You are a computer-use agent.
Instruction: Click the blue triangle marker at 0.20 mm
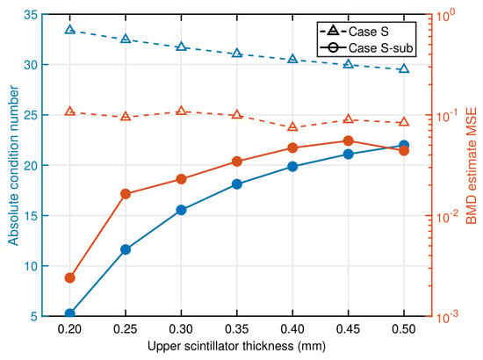(70, 30)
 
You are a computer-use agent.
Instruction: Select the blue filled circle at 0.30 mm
(182, 210)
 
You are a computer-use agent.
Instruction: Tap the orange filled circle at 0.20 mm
(70, 277)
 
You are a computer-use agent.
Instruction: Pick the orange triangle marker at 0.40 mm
(292, 126)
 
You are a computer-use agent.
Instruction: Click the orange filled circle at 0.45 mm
(349, 140)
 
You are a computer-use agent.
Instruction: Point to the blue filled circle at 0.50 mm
(404, 145)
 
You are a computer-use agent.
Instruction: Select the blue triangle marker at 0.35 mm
(237, 53)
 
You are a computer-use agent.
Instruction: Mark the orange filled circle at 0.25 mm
(126, 194)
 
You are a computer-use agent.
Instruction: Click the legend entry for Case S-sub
(366, 47)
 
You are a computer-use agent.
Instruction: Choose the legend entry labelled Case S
(354, 32)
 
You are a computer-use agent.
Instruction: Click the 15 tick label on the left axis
(30, 216)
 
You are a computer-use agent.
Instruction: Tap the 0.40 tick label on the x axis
(292, 329)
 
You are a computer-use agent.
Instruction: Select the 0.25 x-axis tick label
(126, 329)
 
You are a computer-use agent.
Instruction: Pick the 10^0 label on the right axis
(444, 16)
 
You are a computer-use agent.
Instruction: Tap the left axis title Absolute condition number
(13, 165)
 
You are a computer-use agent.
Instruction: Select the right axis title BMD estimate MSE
(472, 166)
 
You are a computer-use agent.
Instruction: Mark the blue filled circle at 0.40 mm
(292, 166)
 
